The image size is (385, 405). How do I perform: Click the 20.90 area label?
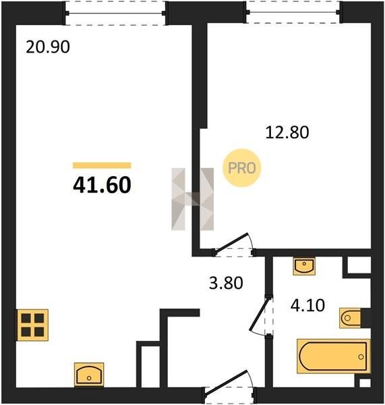(48, 47)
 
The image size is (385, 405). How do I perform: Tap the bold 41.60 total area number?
(102, 185)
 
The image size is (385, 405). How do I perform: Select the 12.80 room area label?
(287, 132)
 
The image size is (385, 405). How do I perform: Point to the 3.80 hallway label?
(226, 283)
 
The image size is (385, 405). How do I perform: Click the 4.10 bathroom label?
(307, 306)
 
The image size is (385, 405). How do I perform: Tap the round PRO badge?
(242, 168)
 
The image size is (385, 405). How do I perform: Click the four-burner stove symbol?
(32, 325)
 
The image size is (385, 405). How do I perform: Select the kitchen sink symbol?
(89, 375)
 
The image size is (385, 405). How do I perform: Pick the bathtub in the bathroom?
(333, 356)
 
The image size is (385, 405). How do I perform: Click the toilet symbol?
(350, 318)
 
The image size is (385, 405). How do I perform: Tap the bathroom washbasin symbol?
(304, 266)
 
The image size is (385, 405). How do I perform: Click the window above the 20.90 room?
(115, 13)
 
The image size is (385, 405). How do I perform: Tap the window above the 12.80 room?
(293, 12)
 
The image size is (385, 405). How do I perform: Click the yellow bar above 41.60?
(102, 165)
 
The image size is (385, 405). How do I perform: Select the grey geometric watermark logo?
(193, 199)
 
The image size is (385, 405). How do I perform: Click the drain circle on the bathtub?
(361, 357)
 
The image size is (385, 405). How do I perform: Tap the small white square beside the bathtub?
(365, 383)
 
